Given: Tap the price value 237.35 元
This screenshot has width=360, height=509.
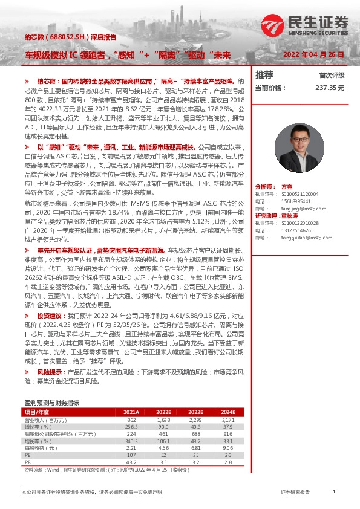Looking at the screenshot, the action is coord(329,88).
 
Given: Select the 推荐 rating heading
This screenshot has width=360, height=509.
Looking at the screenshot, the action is coord(264,75).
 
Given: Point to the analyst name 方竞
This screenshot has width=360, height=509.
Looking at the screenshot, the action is coord(287,187).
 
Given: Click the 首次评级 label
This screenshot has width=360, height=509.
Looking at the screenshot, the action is coord(332,76).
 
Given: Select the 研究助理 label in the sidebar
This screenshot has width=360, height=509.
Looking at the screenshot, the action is coord(267,216).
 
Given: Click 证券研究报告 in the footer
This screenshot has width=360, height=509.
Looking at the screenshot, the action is coord(295,493).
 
